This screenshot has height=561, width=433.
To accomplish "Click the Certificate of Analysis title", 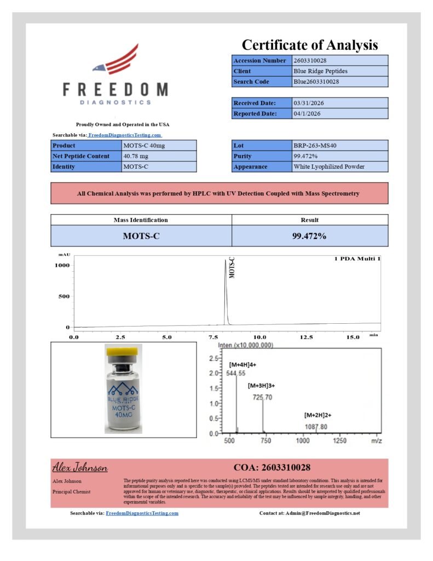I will click(310, 45).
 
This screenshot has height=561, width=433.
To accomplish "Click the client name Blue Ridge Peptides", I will click(320, 71).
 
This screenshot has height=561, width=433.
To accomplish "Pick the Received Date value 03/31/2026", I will click(308, 103).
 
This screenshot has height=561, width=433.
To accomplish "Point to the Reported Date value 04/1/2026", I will click(307, 113).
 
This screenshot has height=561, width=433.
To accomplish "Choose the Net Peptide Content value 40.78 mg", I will click(136, 156).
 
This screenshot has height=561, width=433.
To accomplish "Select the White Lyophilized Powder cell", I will click(328, 167).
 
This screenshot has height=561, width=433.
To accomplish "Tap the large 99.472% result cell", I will click(309, 236).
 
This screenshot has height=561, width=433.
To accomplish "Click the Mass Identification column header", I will click(141, 220).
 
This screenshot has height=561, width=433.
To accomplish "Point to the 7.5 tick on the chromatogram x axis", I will click(213, 337).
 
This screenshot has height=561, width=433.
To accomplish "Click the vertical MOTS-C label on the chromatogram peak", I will click(232, 268).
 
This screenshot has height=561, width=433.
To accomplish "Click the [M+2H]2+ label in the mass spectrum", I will click(317, 415).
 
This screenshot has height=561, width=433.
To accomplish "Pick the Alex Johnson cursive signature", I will click(80, 468).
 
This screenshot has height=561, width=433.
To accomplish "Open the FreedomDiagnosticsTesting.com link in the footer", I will click(142, 513).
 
